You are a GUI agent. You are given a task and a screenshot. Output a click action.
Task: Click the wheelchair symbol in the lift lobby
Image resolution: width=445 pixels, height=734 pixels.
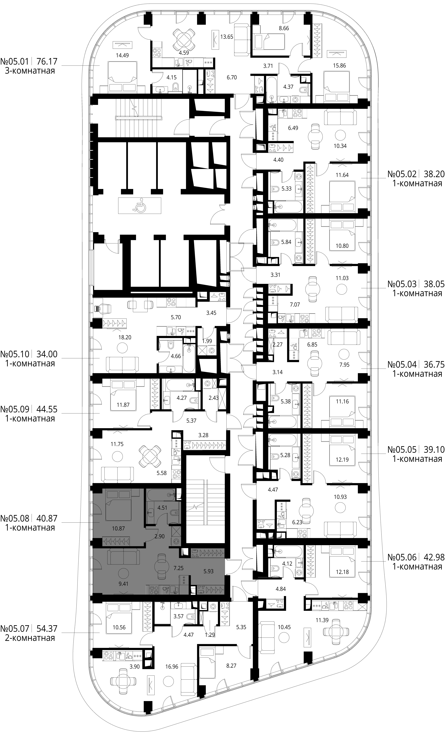139,205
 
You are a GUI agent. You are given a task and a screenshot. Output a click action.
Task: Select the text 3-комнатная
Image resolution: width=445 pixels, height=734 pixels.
30,71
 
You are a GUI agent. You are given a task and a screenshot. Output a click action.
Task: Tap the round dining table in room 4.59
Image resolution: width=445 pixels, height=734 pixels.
185,40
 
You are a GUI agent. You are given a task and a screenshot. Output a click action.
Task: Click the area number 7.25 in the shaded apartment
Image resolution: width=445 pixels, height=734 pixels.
178,568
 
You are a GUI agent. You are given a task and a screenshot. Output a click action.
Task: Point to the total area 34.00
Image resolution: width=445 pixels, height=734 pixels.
47,354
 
